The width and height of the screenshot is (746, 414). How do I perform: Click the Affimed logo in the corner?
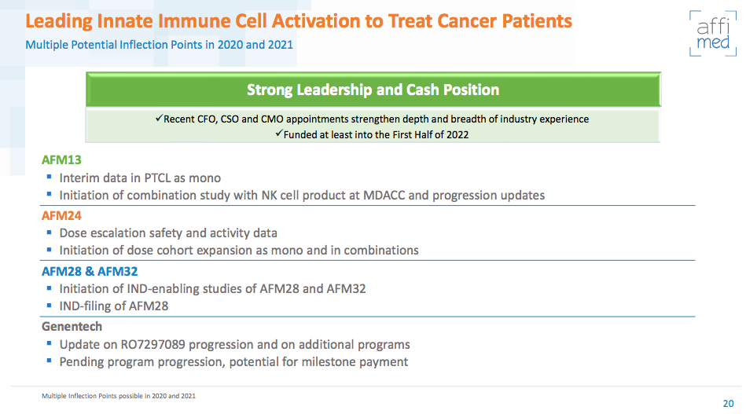[713, 33]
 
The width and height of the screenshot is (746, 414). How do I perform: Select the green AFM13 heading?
[61, 160]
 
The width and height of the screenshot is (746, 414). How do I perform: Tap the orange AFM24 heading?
[61, 215]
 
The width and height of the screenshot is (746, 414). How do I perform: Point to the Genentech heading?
[72, 326]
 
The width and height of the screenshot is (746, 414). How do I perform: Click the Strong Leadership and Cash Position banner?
[373, 90]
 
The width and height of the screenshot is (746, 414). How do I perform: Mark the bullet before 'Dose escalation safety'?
[49, 233]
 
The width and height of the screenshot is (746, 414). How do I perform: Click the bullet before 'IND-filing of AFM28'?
[49, 306]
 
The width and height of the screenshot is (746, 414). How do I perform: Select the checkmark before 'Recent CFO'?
[159, 119]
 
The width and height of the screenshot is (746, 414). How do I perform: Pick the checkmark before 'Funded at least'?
[278, 134]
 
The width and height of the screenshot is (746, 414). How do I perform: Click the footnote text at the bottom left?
[119, 395]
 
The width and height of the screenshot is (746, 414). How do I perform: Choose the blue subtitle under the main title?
[159, 44]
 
